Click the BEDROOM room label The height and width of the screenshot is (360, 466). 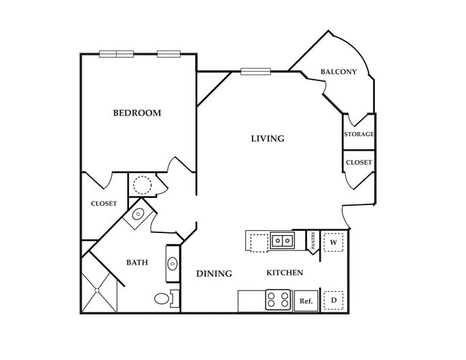pos(136,113)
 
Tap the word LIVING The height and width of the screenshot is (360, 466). pos(267,138)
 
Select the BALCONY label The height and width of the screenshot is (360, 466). pos(338,72)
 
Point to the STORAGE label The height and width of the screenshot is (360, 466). pos(358,134)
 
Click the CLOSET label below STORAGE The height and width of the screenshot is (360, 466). pos(358,163)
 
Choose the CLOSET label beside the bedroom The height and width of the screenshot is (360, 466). pos(103,204)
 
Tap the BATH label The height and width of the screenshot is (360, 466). pos(137,262)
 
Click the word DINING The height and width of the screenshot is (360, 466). pos(214,273)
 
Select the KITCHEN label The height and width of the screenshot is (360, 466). pos(285,273)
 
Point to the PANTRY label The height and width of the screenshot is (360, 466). pos(313,240)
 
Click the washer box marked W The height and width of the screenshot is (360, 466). pos(333,242)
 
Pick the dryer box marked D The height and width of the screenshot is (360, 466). pos(333,300)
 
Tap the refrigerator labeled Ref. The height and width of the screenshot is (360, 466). pos(305,300)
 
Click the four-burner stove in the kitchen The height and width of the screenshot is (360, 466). pos(277,300)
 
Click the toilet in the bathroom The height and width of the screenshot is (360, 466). pos(163,298)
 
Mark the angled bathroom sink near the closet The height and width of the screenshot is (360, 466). pos(138,214)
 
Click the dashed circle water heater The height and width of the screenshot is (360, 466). pos(142,185)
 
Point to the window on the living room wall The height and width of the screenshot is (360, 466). pos(255,71)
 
